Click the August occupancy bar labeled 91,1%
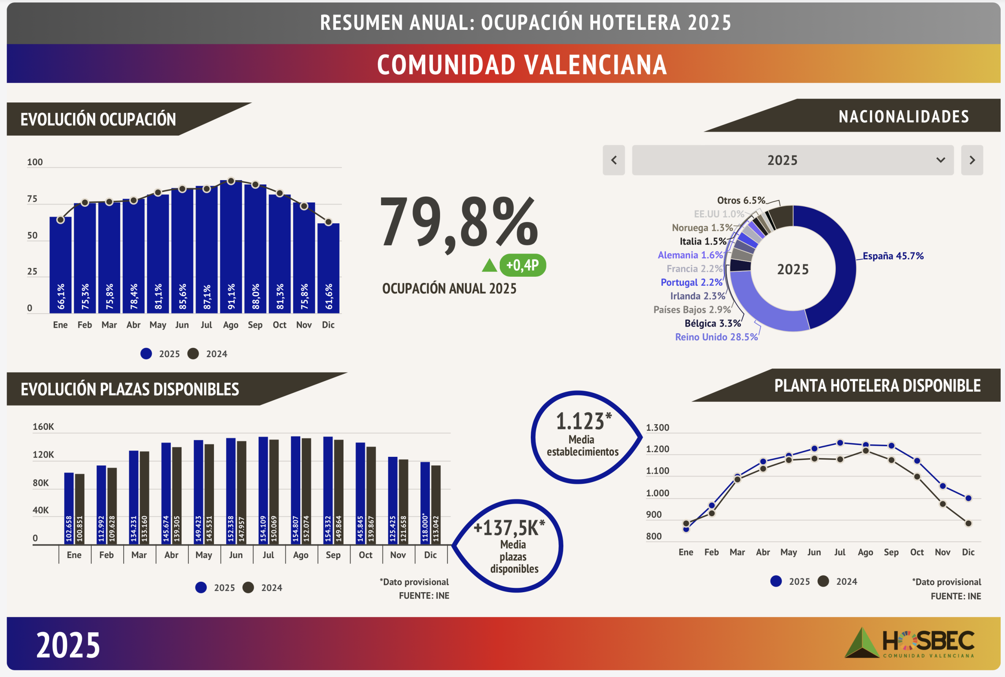[230, 246]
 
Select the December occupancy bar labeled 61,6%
[328, 268]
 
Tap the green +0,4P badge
[523, 265]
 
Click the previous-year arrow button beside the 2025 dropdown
[614, 160]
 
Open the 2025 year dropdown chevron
[940, 160]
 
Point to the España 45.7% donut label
[893, 256]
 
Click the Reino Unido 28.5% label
[716, 337]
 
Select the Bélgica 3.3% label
[713, 323]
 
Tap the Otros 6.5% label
[741, 200]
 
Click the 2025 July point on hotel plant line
[840, 443]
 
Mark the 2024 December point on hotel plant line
[968, 523]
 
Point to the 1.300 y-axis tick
[657, 428]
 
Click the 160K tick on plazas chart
[43, 427]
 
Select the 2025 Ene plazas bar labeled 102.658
[69, 508]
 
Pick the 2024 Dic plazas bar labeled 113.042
[436, 505]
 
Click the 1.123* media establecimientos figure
[583, 422]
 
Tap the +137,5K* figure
[509, 528]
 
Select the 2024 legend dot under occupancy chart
[193, 354]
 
